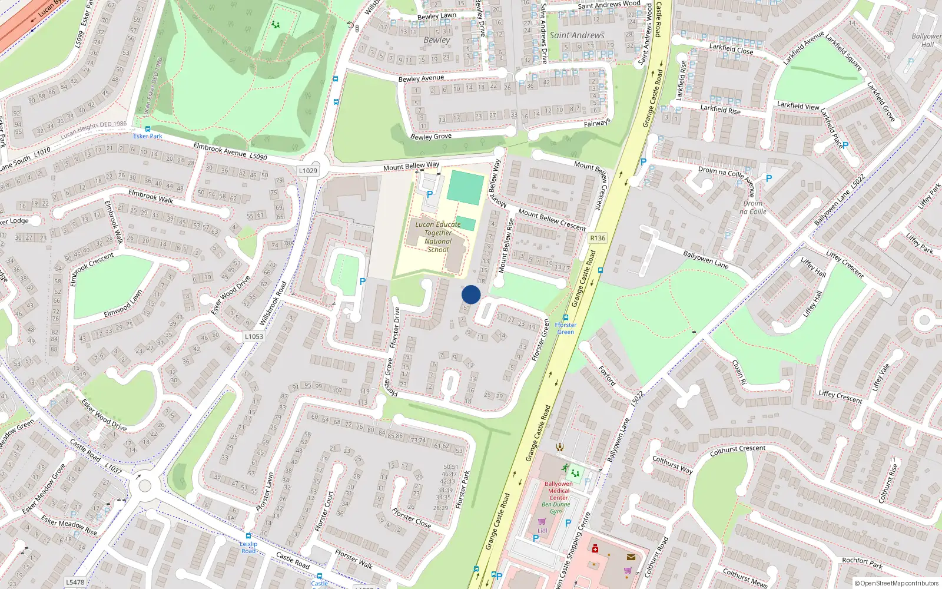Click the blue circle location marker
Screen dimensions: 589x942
coord(471,294)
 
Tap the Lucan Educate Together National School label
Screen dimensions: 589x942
coord(438,237)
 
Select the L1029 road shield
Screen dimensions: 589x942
coord(308,170)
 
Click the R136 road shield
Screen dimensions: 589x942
coord(598,238)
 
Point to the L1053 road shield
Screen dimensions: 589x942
coord(254,336)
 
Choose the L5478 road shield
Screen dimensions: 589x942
coord(75,582)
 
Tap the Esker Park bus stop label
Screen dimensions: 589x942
coord(147,136)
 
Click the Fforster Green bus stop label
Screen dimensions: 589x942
coord(565,328)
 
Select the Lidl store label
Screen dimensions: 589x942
coord(542,530)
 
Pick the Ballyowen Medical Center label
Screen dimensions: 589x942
coord(559,491)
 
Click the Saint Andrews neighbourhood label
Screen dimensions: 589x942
coord(577,35)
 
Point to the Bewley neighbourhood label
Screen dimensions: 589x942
coord(437,40)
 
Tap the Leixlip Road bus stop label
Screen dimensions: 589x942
coord(248,547)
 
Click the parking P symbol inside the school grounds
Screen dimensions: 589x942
coord(430,194)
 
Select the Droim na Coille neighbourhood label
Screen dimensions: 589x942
coord(753,207)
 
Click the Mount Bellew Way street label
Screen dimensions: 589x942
coord(411,166)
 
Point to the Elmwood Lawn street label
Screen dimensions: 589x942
coord(123,303)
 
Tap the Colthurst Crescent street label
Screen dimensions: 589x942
coord(738,450)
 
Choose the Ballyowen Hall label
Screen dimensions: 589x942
coord(926,40)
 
